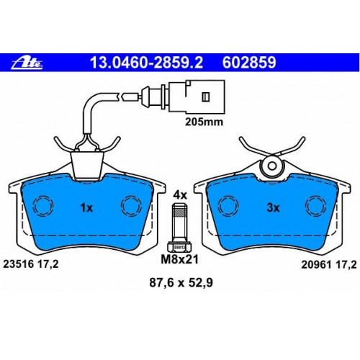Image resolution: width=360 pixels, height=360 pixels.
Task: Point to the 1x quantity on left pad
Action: coord(86,207)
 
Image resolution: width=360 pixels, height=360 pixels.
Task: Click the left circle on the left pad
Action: coord(42,207)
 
